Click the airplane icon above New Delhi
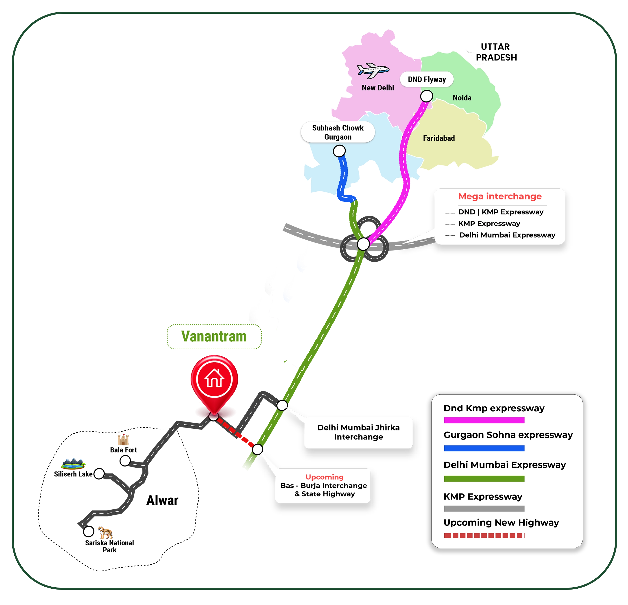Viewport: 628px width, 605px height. tap(373, 70)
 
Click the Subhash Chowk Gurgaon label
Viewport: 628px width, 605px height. tap(338, 132)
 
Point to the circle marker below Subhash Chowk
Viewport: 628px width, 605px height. tap(339, 151)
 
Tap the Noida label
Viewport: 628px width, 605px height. tap(462, 98)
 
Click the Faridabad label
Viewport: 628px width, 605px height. tap(439, 138)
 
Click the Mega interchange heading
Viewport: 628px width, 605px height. tap(500, 196)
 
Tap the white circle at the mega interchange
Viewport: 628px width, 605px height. tap(363, 244)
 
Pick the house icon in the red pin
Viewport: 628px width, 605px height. tap(214, 378)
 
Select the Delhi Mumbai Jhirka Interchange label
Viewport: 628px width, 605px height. tap(359, 432)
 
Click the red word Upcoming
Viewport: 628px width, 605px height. tap(324, 477)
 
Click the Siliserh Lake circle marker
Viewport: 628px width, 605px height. tap(99, 473)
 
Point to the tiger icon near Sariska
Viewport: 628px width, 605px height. tap(105, 533)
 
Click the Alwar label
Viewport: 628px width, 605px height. tap(162, 500)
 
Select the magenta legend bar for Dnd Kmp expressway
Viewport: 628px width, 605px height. tap(484, 420)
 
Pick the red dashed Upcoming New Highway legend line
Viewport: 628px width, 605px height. tap(484, 535)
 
